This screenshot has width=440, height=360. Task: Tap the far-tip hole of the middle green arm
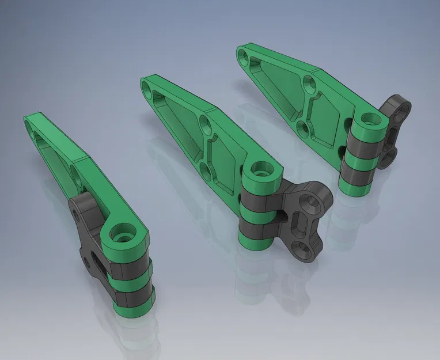(150, 88)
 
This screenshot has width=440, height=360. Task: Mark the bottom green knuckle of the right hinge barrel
(352, 187)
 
